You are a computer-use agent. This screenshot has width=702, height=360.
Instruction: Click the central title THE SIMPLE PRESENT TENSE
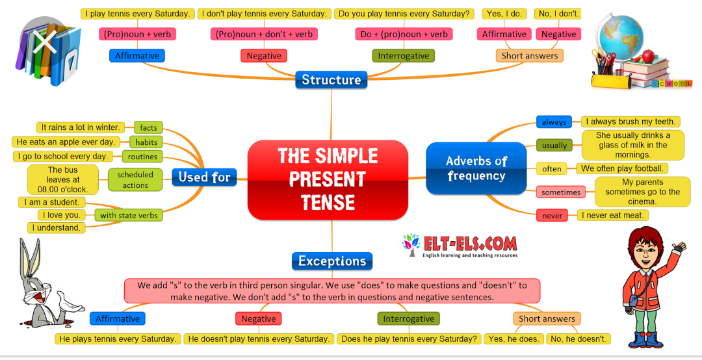(x=328, y=179)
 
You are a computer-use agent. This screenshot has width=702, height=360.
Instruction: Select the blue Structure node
(x=331, y=80)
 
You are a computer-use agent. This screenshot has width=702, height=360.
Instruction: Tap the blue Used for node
(x=204, y=177)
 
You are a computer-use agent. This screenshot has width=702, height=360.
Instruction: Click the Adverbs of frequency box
(x=476, y=168)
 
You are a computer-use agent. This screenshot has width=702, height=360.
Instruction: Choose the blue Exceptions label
(x=331, y=261)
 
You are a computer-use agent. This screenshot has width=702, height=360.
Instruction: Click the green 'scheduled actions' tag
(x=135, y=180)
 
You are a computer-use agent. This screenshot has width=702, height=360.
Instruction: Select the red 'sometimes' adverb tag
(x=561, y=192)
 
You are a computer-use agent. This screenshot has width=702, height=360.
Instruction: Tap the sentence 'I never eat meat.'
(x=612, y=215)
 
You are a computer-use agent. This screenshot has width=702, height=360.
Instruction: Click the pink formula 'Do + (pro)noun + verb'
(x=404, y=34)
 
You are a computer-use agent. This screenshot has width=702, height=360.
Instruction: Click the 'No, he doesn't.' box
(x=577, y=339)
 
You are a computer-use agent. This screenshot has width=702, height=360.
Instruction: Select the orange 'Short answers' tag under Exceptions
(x=547, y=318)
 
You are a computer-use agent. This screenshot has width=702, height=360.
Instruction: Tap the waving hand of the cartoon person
(x=679, y=248)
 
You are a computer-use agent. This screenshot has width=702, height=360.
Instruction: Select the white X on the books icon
(x=44, y=43)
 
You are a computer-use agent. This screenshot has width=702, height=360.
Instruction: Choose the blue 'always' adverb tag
(x=554, y=122)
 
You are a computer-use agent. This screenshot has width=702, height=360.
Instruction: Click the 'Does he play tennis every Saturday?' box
(x=409, y=339)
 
